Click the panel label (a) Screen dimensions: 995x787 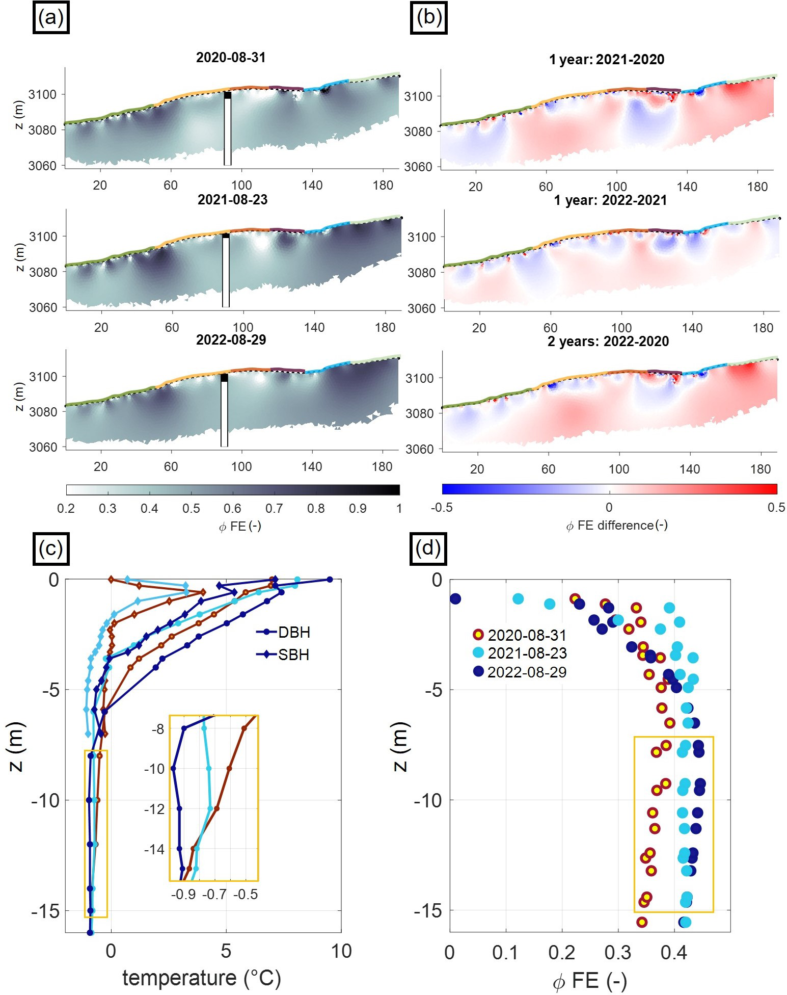point(51,18)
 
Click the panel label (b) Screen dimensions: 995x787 point(428,18)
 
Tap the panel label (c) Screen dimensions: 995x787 point(51,548)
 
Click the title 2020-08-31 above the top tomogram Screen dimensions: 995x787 point(231,58)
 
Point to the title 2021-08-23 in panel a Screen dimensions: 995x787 point(232,200)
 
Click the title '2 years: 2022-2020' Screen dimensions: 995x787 point(608,342)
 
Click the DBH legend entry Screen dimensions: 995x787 point(294,632)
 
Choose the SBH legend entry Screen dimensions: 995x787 point(293,654)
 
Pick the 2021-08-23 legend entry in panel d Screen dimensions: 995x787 point(527,653)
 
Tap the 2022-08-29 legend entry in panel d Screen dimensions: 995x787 point(527,672)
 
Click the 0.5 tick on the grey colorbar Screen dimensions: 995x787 point(191,508)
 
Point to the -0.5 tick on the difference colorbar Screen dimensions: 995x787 point(442,507)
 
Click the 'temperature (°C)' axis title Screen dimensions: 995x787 point(202,978)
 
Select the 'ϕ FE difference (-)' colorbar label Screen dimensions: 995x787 point(616,525)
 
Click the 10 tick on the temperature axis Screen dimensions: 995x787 point(341,951)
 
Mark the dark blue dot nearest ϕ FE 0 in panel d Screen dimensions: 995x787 point(455,598)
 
